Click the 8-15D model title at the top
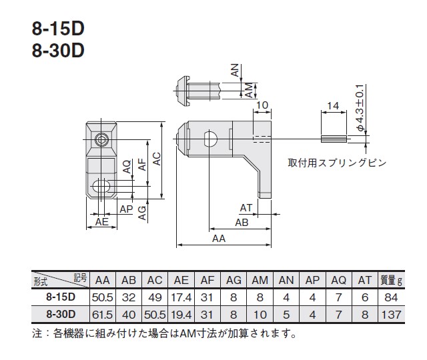point(58,28)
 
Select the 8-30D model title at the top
point(58,51)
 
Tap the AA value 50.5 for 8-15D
point(102,297)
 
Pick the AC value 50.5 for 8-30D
point(155,315)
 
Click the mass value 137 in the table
point(391,315)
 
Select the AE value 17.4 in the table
point(181,297)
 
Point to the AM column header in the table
point(260,280)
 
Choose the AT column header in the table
point(365,280)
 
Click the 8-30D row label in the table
point(61,314)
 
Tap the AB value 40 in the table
point(129,315)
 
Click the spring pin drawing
point(334,139)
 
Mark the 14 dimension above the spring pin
point(333,105)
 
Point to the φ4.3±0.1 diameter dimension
point(360,108)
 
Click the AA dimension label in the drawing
point(219,239)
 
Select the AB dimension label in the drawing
point(242,223)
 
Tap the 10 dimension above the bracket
point(262,105)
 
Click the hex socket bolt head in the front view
point(101,140)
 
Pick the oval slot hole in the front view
point(101,187)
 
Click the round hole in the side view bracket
point(210,139)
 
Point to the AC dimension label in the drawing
point(157,159)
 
